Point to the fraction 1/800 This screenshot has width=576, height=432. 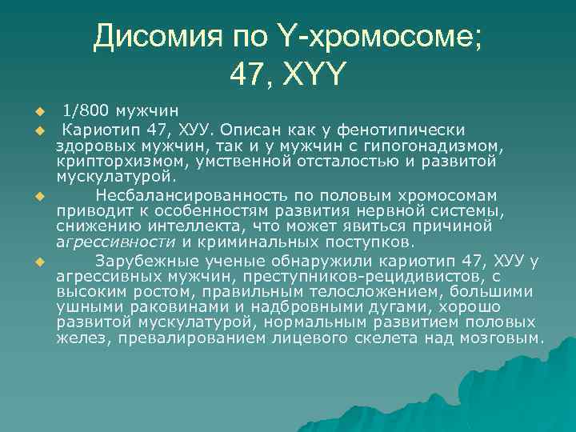tap(86, 110)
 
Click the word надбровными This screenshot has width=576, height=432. tap(275, 306)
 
